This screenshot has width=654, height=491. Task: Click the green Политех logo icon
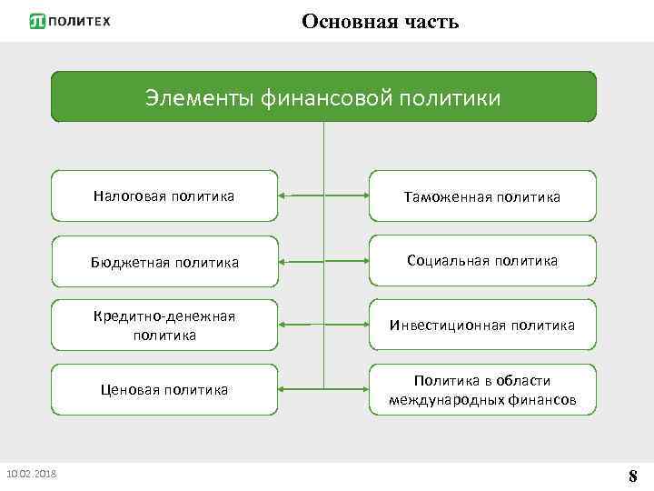point(37,21)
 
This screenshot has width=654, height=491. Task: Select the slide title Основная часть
point(380,21)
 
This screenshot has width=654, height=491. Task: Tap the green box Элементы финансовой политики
point(323,97)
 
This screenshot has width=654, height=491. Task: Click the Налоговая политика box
point(164,195)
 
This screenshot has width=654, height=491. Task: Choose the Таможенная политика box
point(482,195)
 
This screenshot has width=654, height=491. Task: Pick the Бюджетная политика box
point(164,262)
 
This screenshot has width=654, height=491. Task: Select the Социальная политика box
point(482,261)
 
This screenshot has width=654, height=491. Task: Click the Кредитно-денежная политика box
point(164,325)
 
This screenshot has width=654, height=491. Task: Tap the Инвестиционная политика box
point(482,325)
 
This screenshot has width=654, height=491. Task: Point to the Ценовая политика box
point(164,390)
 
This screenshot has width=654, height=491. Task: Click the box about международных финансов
point(482,390)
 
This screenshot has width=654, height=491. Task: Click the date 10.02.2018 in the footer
point(31,474)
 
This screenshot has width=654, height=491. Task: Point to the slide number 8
point(632,476)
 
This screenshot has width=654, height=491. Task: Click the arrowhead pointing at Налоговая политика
point(282,195)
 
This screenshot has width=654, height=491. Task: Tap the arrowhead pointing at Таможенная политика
point(364,195)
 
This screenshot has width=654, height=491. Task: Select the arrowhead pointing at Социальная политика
point(364,261)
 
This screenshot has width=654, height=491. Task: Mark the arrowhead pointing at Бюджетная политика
point(282,261)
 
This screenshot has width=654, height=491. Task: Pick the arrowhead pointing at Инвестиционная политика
point(364,325)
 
